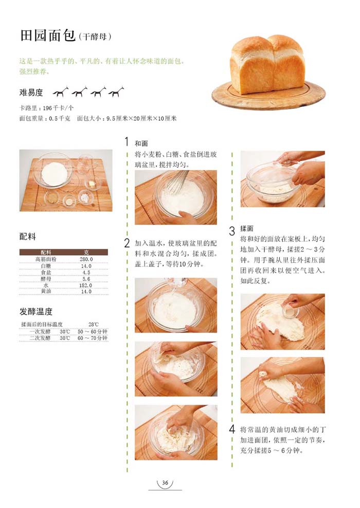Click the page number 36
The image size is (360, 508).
[x=165, y=483]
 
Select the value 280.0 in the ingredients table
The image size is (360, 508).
[x=86, y=259]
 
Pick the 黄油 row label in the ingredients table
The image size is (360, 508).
[x=46, y=291]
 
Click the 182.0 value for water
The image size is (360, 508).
[x=86, y=285]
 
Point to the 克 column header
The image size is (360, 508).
[x=86, y=252]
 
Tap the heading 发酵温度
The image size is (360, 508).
[x=35, y=312]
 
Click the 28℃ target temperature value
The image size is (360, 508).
[x=93, y=324]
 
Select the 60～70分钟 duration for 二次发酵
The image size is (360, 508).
[x=93, y=338]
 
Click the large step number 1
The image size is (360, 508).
[x=127, y=141]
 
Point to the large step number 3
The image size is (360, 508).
[x=232, y=231]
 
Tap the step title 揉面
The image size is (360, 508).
[x=246, y=229]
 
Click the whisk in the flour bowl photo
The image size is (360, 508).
[x=177, y=181]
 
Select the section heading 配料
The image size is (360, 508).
[x=28, y=237]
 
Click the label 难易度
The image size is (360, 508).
[x=31, y=93]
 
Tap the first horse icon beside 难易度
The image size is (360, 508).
[x=61, y=92]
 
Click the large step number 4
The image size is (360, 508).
[x=232, y=429]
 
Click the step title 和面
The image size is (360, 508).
[x=141, y=143]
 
